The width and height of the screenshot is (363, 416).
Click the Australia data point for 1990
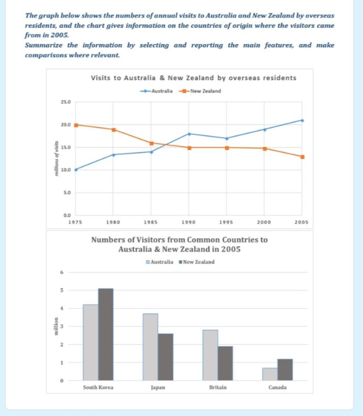[x=189, y=134]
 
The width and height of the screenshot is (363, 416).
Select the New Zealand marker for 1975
[x=76, y=125]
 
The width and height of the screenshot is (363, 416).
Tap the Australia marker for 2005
[x=302, y=120]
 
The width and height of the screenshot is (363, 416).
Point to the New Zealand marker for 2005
[x=302, y=157]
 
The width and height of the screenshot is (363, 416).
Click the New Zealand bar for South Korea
[x=106, y=334]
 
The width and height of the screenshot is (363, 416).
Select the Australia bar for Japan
[x=151, y=347]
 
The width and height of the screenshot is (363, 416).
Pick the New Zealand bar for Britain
[x=225, y=363]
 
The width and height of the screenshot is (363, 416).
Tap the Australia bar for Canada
[x=270, y=374]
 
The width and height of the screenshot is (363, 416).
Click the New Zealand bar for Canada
[x=285, y=370]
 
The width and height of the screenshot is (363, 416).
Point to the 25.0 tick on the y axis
[x=66, y=102]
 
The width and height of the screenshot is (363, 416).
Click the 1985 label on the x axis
[x=151, y=222]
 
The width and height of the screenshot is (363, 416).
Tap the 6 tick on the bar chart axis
[x=61, y=272]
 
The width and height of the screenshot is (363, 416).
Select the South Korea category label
[x=98, y=387]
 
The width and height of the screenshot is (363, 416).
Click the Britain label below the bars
[x=218, y=387]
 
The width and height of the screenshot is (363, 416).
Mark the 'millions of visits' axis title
[x=56, y=158]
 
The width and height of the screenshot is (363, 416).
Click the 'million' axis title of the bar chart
[x=56, y=326]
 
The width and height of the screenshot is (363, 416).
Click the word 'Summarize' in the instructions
[x=43, y=45]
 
